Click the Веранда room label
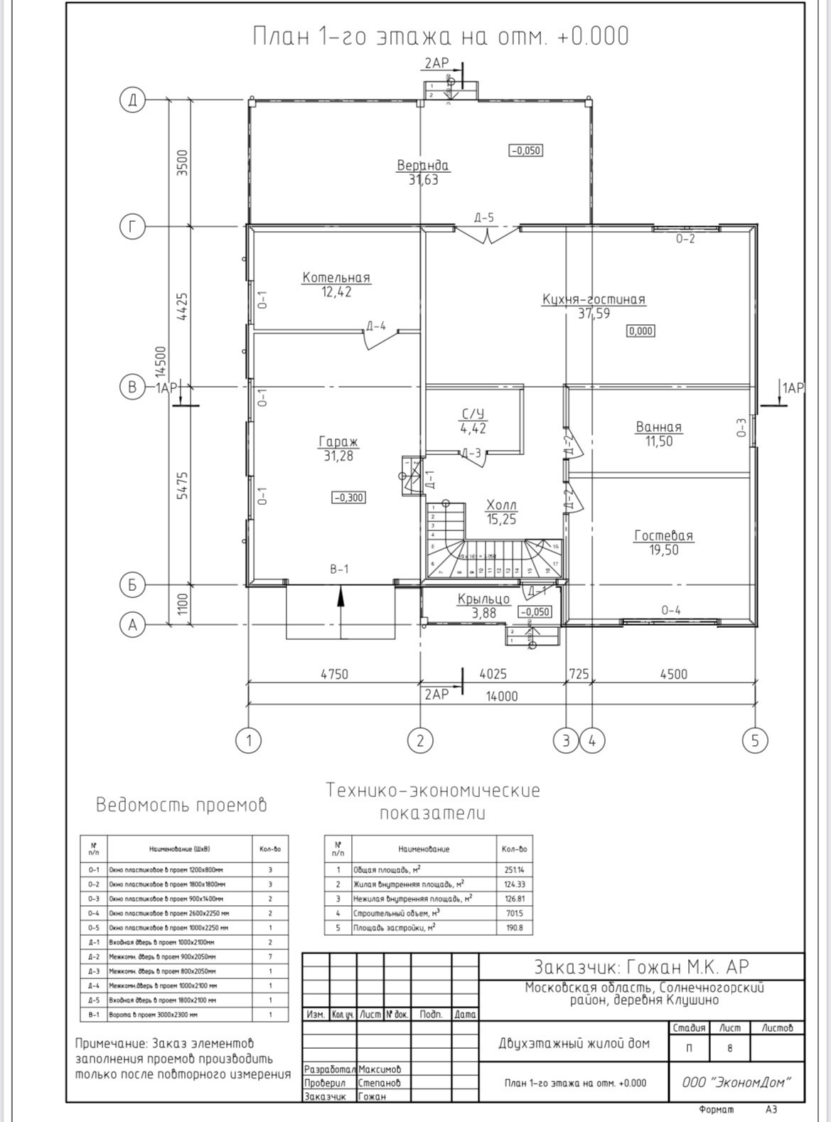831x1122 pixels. [x=422, y=166]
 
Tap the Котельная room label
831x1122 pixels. [x=336, y=277]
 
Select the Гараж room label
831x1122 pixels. [x=338, y=442]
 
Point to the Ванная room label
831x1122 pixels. [x=658, y=427]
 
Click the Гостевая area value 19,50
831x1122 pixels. [x=663, y=550]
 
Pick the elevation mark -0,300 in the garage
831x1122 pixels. [x=348, y=498]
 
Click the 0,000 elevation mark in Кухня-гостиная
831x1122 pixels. [x=640, y=331]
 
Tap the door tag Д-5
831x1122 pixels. [x=484, y=218]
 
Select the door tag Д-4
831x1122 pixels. [x=376, y=326]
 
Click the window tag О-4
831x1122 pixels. [x=670, y=610]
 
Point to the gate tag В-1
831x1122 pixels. [x=339, y=569]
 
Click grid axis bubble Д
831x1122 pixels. [x=132, y=100]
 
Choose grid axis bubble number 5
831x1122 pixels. [x=755, y=741]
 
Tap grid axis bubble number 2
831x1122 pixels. [x=420, y=741]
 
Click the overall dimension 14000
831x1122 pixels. [x=501, y=697]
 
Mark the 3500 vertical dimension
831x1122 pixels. [x=182, y=163]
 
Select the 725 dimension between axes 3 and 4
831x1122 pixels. [x=579, y=673]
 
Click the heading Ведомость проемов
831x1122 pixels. [x=181, y=805]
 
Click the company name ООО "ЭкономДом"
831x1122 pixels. [x=736, y=1082]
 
